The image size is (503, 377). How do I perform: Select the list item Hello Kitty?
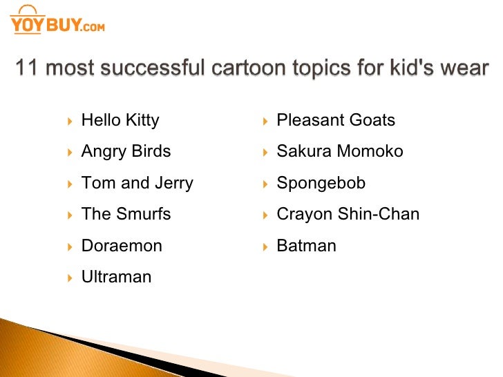click(x=120, y=120)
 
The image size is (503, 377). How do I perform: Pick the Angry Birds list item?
click(x=126, y=151)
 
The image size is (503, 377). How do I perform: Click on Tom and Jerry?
click(x=137, y=183)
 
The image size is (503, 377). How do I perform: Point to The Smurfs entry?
click(x=126, y=214)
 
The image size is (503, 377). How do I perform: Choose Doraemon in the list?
click(x=122, y=246)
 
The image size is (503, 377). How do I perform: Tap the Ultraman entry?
click(x=116, y=277)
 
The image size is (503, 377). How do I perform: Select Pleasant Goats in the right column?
click(x=336, y=120)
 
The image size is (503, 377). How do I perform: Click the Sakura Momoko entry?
click(x=339, y=151)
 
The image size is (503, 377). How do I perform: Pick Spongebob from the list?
click(x=321, y=183)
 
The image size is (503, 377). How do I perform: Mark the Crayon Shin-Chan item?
click(x=348, y=214)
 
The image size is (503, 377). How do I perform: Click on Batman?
click(x=306, y=246)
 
